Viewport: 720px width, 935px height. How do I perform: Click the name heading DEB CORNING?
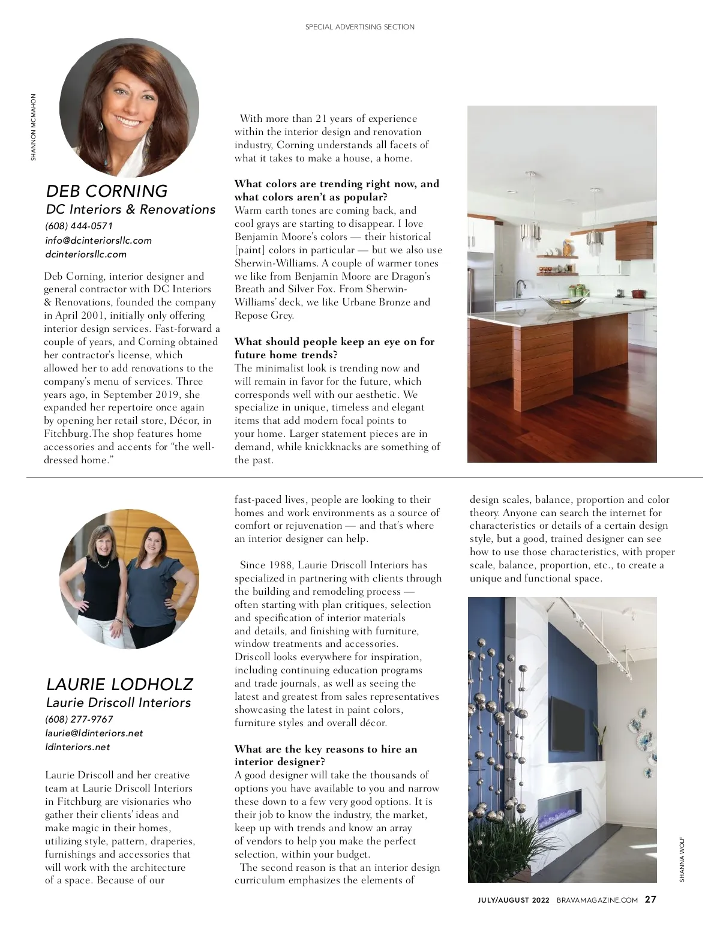pyautogui.click(x=107, y=191)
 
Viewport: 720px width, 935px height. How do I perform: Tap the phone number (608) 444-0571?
pyautogui.click(x=79, y=226)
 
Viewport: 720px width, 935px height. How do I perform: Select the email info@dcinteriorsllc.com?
pyautogui.click(x=98, y=240)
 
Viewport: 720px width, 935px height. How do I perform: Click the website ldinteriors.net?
pyautogui.click(x=78, y=747)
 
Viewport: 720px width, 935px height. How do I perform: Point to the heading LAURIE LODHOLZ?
pyautogui.click(x=119, y=684)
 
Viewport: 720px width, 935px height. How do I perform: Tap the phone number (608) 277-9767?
pyautogui.click(x=79, y=719)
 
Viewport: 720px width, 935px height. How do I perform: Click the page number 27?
pyautogui.click(x=650, y=900)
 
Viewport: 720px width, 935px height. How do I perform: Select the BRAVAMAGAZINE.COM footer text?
pyautogui.click(x=597, y=900)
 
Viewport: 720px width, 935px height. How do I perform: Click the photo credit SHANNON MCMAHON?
pyautogui.click(x=34, y=127)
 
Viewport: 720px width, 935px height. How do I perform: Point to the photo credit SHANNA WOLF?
pyautogui.click(x=682, y=859)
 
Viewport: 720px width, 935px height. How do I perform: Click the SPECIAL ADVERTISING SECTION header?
pyautogui.click(x=360, y=27)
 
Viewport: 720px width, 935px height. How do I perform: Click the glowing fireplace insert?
pyautogui.click(x=559, y=806)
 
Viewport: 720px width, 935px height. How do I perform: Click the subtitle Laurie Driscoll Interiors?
pyautogui.click(x=118, y=702)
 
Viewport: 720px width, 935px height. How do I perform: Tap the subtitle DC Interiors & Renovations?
pyautogui.click(x=131, y=209)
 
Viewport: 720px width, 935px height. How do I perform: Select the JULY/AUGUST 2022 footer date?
pyautogui.click(x=514, y=900)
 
